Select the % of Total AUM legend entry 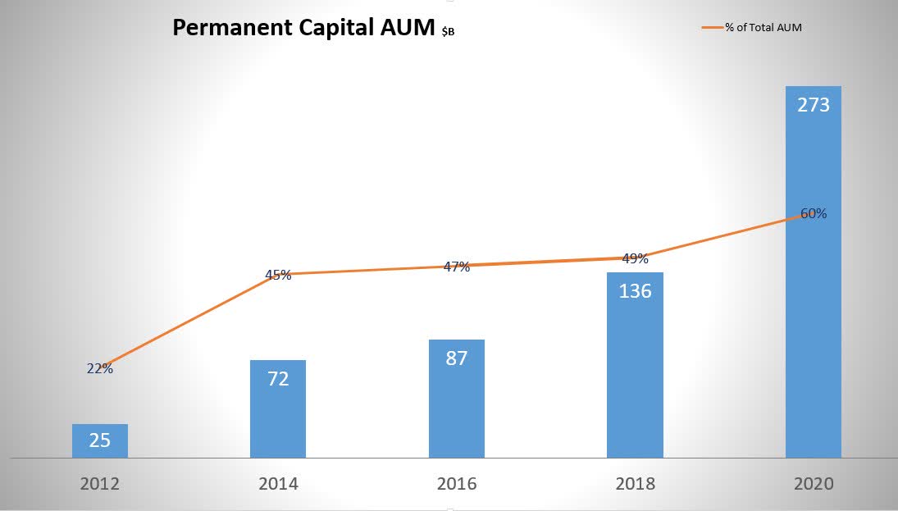tap(763, 27)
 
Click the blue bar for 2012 tap(100, 440)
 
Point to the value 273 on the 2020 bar tap(814, 105)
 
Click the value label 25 tap(100, 440)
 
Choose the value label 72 tap(278, 379)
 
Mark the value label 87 tap(457, 358)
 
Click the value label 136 tap(635, 290)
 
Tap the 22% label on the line tap(100, 368)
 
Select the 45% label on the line tap(278, 275)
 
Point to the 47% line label tap(457, 267)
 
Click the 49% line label tap(635, 258)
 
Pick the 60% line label tap(814, 213)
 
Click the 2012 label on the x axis tap(100, 484)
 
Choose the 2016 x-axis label tap(457, 484)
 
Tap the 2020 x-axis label tap(814, 484)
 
